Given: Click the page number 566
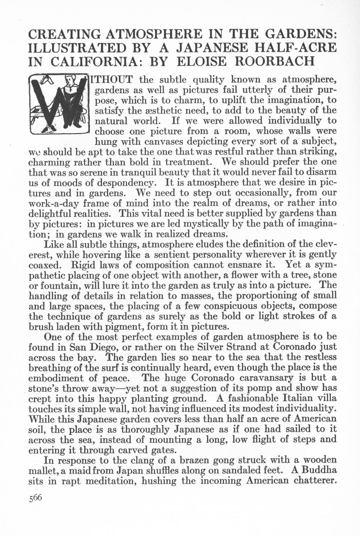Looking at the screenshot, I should coord(35,499).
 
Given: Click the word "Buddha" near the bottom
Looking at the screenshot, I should coord(317,470).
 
